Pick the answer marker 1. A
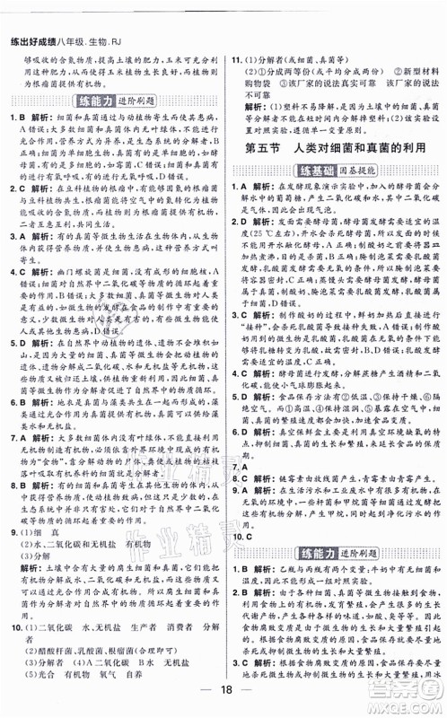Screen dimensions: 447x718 (242, 188)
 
